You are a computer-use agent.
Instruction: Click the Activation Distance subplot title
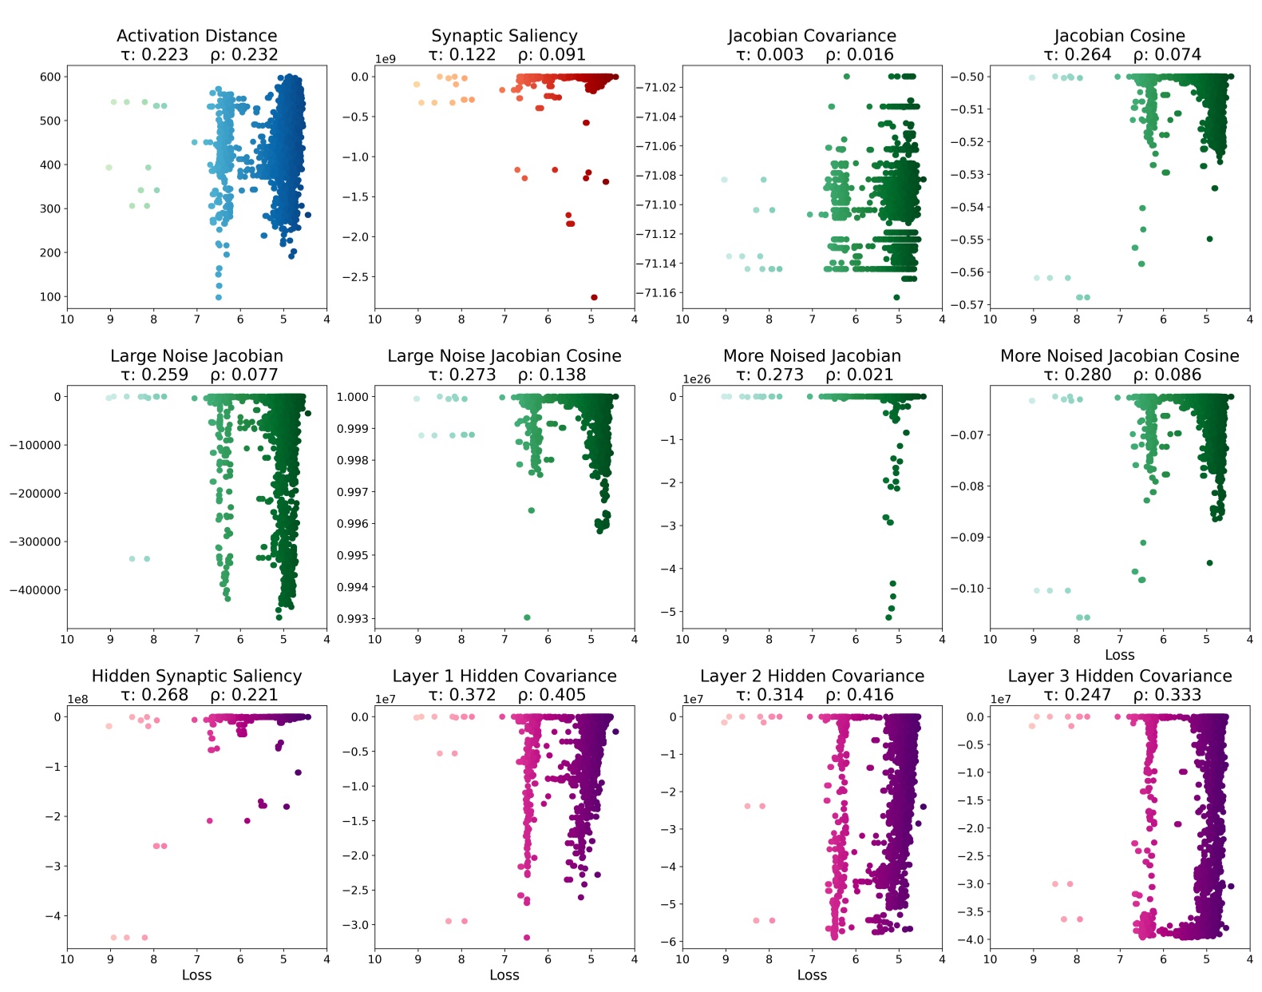[196, 36]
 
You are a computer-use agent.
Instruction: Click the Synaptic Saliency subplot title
[504, 36]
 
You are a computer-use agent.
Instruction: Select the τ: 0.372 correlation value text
[461, 696]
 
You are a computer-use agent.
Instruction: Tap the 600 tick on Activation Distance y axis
[50, 77]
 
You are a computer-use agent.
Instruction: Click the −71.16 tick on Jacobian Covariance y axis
[655, 293]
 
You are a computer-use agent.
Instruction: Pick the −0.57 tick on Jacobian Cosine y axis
[967, 304]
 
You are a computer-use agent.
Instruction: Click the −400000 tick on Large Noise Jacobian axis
[35, 590]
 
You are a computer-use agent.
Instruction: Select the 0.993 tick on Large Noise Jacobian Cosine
[352, 618]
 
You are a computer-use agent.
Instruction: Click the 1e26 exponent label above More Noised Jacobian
[697, 379]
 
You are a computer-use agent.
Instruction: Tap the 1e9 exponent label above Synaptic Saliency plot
[386, 59]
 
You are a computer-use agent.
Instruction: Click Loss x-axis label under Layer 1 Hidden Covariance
[504, 975]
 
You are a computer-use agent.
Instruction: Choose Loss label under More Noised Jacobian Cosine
[1119, 655]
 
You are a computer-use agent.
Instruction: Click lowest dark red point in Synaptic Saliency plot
[594, 297]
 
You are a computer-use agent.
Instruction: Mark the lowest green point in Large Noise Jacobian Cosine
[527, 617]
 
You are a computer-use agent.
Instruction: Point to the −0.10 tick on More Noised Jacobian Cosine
[967, 589]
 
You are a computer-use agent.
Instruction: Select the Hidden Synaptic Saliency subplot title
[196, 677]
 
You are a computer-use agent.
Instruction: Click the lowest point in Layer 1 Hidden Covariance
[527, 938]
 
